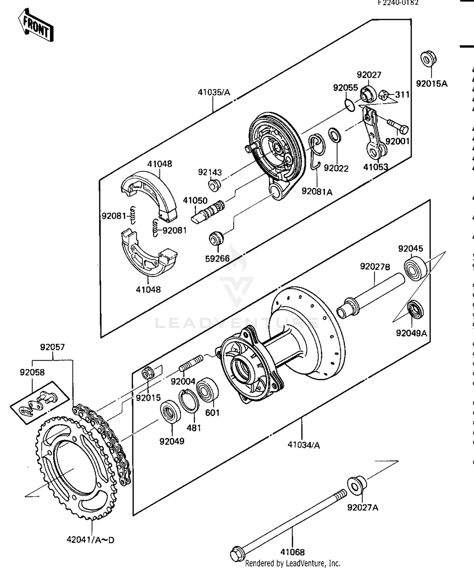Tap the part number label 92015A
[431, 84]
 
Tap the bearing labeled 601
[207, 390]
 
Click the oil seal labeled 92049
[170, 411]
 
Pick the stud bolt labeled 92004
[191, 364]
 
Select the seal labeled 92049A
[415, 310]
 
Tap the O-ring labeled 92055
[349, 105]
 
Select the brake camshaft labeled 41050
[209, 211]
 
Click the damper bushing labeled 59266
[216, 239]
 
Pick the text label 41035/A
[214, 93]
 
